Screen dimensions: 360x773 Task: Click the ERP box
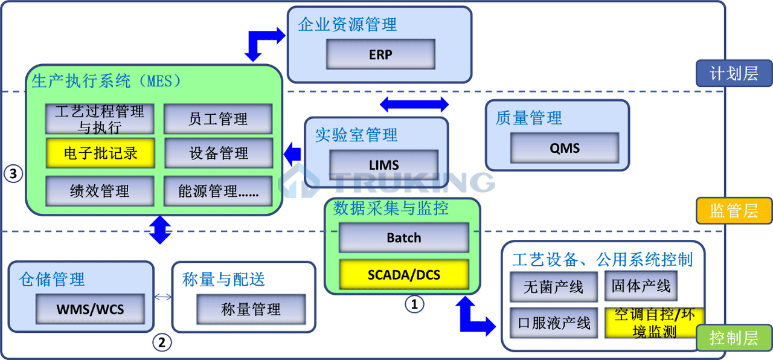point(380,54)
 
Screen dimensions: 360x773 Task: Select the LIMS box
point(384,164)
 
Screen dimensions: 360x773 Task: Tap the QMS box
point(565,148)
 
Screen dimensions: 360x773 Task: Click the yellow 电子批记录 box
point(100,153)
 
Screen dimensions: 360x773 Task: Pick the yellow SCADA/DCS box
point(403,275)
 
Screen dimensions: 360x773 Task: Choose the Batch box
point(403,237)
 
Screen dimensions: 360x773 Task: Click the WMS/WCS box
point(90,309)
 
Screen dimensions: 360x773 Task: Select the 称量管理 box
point(251,310)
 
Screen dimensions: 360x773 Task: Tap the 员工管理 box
point(218,119)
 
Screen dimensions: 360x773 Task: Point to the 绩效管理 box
point(100,191)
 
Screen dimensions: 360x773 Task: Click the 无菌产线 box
point(554,286)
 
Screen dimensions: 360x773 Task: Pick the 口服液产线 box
point(554,323)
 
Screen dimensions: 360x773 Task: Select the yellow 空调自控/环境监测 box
point(654,323)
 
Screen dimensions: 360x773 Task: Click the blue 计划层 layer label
point(734,74)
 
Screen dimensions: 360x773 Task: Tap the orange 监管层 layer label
point(734,211)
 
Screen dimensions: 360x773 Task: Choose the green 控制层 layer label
point(734,338)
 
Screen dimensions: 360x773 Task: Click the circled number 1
point(414,304)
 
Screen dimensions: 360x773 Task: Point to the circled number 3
point(13,174)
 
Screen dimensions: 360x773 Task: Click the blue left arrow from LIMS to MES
point(292,153)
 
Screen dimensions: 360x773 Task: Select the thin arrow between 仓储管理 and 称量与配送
point(163,297)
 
